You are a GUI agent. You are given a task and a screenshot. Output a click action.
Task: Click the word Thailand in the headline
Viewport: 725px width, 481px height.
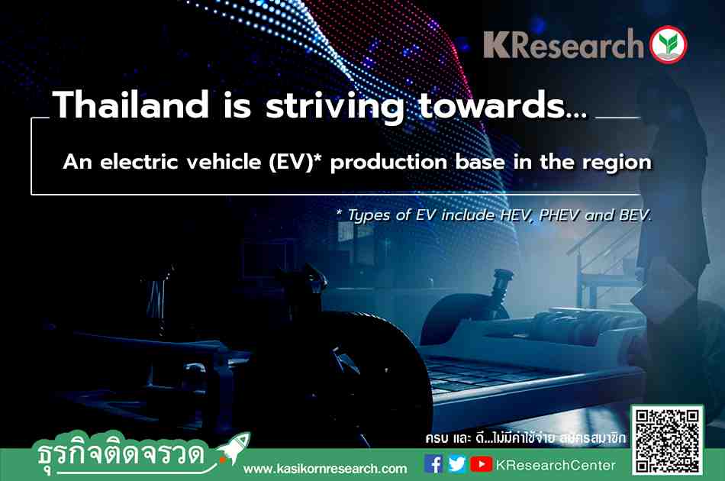130,105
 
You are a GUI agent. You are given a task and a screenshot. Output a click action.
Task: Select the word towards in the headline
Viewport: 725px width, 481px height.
492,105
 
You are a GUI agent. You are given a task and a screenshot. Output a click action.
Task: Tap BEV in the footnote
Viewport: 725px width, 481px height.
634,215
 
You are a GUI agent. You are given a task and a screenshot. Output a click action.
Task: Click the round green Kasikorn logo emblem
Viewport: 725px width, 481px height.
668,45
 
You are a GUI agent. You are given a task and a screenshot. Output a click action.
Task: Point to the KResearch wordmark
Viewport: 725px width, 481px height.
564,44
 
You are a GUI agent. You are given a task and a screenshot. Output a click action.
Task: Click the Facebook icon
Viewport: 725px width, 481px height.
433,464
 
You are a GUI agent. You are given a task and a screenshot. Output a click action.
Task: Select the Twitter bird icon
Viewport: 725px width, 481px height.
457,464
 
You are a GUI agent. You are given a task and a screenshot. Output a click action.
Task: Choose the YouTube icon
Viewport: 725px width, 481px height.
481,464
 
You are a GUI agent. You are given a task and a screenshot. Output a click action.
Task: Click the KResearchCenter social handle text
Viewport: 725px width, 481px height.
556,465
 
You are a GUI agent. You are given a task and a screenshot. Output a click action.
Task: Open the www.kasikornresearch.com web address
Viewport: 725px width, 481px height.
325,469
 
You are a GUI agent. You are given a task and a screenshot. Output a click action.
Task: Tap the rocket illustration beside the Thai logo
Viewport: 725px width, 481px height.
233,447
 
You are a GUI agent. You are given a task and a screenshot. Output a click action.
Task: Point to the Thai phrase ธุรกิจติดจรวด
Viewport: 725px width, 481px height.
121,454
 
